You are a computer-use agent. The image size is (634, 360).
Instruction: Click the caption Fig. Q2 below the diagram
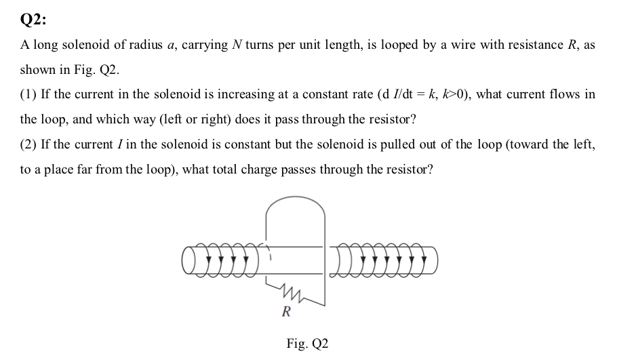307,344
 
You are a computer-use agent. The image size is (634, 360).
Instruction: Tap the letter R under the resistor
286,313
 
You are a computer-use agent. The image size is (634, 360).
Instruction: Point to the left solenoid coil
220,259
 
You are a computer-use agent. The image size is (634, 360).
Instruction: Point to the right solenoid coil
384,259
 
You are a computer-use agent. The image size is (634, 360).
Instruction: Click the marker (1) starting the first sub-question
28,94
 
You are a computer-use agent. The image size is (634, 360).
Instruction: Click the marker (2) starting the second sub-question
28,144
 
